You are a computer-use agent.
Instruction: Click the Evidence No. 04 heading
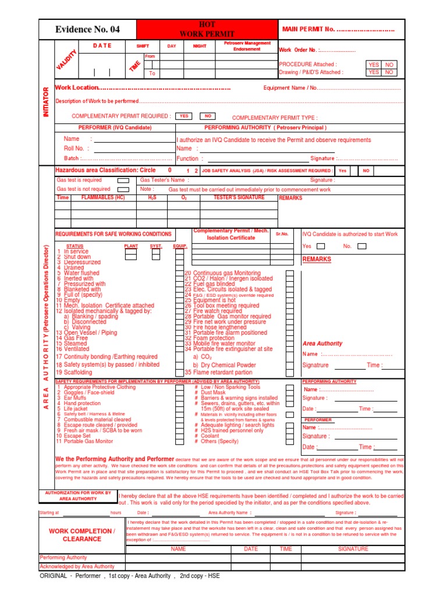coord(87,29)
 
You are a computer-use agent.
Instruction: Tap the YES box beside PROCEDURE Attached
coord(374,65)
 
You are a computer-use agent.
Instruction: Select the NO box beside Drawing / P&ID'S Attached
coord(389,72)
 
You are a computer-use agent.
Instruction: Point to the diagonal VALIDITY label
coord(67,61)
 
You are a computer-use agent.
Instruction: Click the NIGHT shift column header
coord(199,46)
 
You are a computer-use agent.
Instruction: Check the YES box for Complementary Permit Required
coord(185,116)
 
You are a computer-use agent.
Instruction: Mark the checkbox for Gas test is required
coord(123,180)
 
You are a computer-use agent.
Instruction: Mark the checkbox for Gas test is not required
coord(123,189)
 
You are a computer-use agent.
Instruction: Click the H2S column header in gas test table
coord(152,198)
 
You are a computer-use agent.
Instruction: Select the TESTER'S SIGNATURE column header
coord(239,198)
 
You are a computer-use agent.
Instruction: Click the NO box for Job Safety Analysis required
coord(366,171)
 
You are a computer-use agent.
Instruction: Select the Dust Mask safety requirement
coord(214,393)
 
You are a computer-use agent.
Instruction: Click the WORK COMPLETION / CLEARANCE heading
coord(81,535)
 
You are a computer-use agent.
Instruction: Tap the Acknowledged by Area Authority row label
coord(77,566)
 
